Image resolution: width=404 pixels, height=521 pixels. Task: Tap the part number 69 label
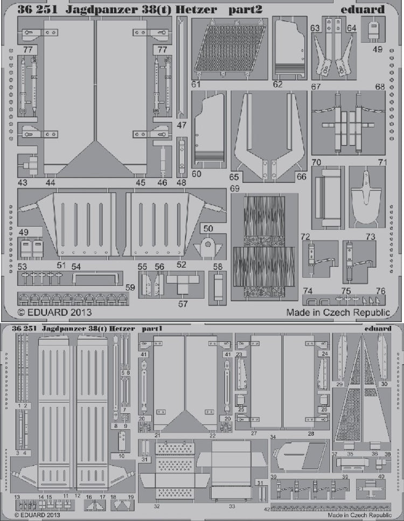(x=234, y=189)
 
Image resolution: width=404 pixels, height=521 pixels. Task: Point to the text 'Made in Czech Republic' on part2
(x=338, y=312)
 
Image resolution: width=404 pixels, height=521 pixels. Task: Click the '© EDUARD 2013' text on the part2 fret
(x=54, y=312)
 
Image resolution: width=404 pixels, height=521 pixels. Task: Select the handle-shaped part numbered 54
(x=95, y=276)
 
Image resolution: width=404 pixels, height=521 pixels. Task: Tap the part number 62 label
(x=277, y=84)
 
